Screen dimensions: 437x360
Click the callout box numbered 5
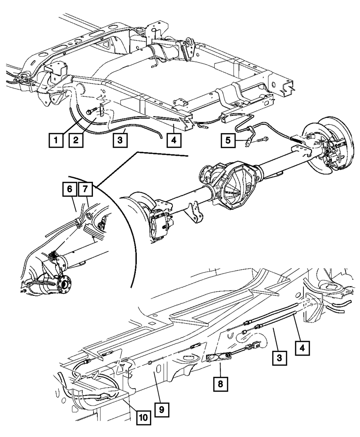[228, 140]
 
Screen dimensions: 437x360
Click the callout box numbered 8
[220, 384]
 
